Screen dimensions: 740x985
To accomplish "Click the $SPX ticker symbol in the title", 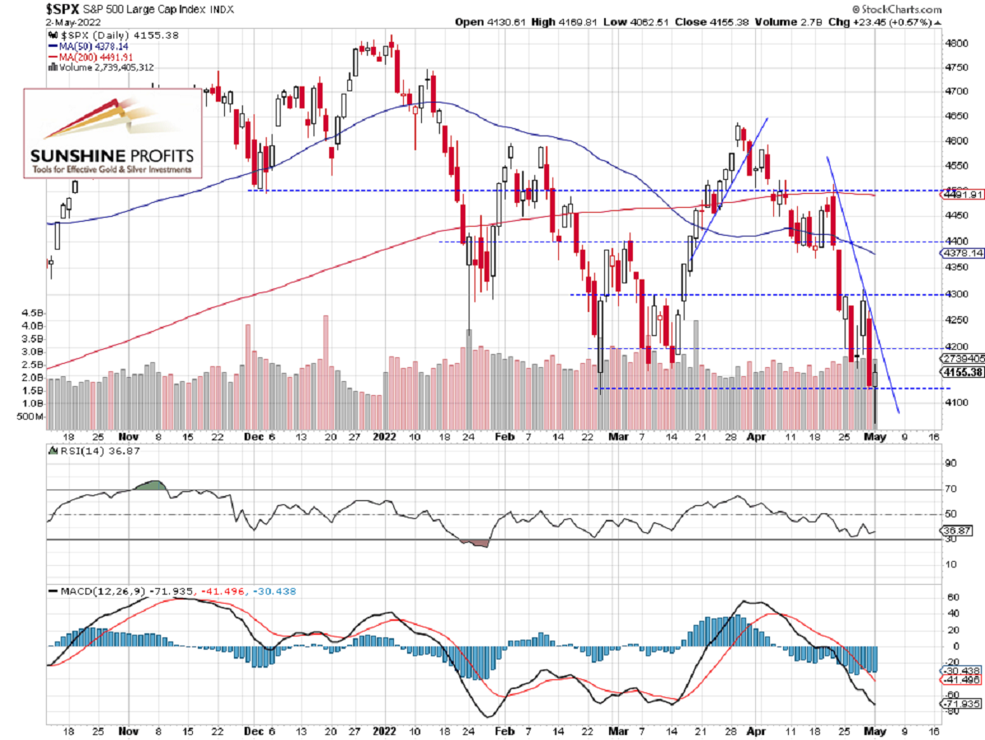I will [x=25, y=8].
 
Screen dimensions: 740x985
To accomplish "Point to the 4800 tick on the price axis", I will [x=953, y=43].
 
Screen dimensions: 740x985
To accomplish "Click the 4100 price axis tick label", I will [x=953, y=402].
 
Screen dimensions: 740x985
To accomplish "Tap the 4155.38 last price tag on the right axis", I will [x=961, y=372].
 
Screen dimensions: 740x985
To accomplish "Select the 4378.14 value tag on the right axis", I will [x=961, y=254].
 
